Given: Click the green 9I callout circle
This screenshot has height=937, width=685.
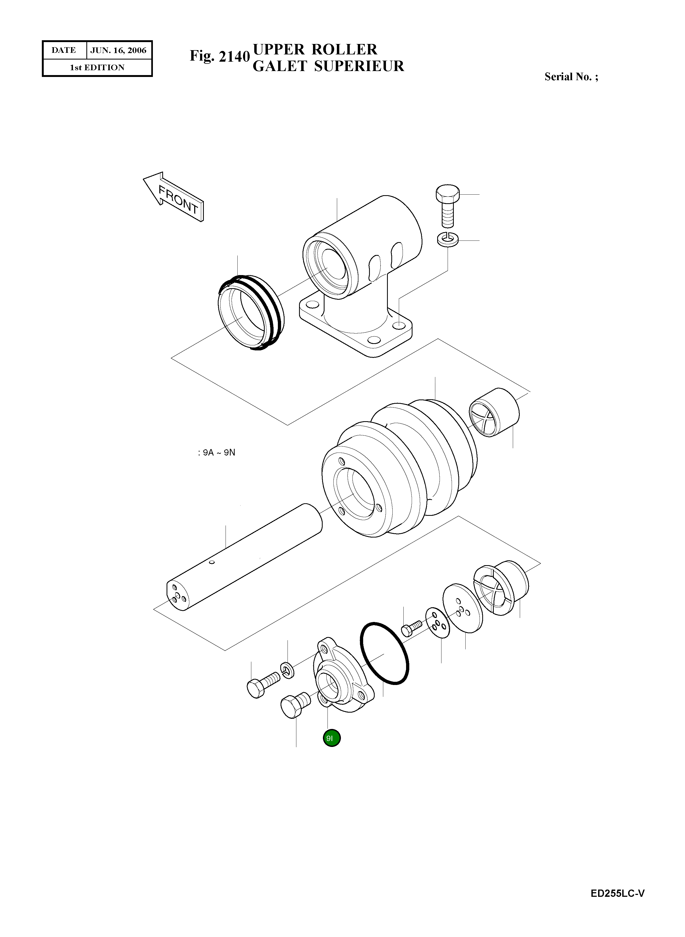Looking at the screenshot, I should (x=332, y=738).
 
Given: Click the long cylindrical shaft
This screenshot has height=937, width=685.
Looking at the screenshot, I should (x=245, y=557).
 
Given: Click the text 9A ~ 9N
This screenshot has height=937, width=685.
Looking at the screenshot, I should (x=216, y=453).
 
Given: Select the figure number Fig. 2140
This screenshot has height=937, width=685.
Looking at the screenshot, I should (x=220, y=56).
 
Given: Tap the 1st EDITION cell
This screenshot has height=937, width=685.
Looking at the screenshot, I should (x=97, y=68).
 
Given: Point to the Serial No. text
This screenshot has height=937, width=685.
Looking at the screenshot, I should (x=571, y=77).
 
